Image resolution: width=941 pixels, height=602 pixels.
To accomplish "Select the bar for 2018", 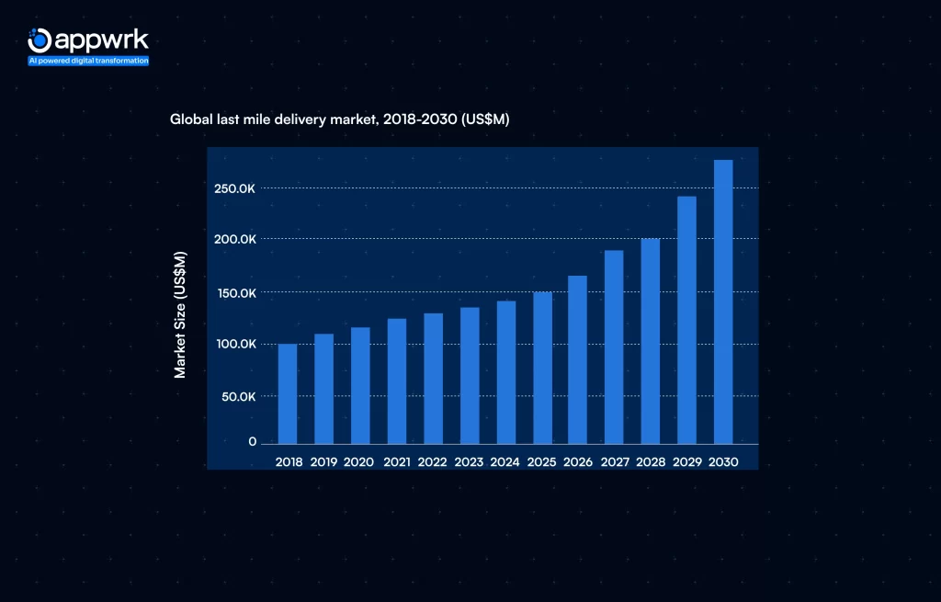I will [288, 393].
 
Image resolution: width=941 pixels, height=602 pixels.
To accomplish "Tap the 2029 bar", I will [686, 320].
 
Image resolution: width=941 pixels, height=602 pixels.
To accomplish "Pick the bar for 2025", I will [541, 368].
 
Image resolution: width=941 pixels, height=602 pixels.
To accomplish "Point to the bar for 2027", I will [614, 346].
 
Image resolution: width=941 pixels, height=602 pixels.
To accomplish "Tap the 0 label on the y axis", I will [252, 442].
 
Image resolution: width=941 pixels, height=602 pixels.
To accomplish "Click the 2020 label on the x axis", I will [358, 461].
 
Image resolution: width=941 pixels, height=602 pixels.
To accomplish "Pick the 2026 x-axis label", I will [578, 461].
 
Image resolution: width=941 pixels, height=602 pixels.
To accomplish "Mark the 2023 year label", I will [469, 461].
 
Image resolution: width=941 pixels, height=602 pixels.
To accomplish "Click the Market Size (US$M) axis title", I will [180, 314].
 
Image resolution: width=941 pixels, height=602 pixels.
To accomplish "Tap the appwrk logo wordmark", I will [100, 40].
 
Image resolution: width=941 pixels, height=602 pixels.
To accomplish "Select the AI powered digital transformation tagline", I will [88, 61].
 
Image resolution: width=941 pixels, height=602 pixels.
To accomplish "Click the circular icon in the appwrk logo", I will [39, 40].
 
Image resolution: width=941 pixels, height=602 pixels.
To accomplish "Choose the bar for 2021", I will [396, 381].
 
